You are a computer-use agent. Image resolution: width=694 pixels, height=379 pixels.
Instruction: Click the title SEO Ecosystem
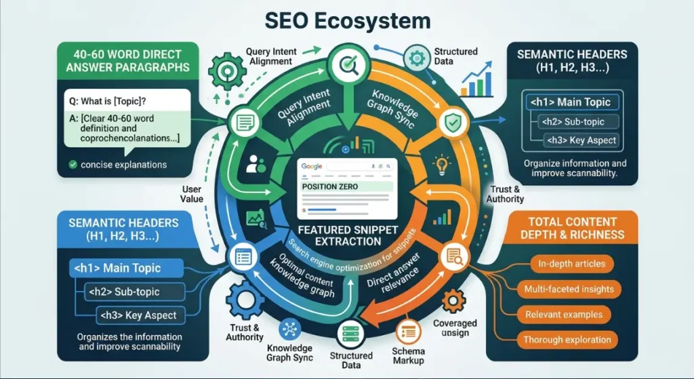[346, 20]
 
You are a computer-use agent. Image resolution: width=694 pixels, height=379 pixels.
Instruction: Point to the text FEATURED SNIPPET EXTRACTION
[346, 235]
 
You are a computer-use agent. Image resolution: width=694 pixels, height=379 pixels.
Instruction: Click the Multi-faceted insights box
[569, 290]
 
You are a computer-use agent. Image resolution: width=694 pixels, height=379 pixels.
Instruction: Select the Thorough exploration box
[567, 340]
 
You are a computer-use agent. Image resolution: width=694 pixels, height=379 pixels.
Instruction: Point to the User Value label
[192, 195]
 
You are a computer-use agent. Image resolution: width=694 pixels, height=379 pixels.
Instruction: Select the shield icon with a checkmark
[451, 123]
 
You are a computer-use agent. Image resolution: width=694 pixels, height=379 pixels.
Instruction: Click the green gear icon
[225, 70]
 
